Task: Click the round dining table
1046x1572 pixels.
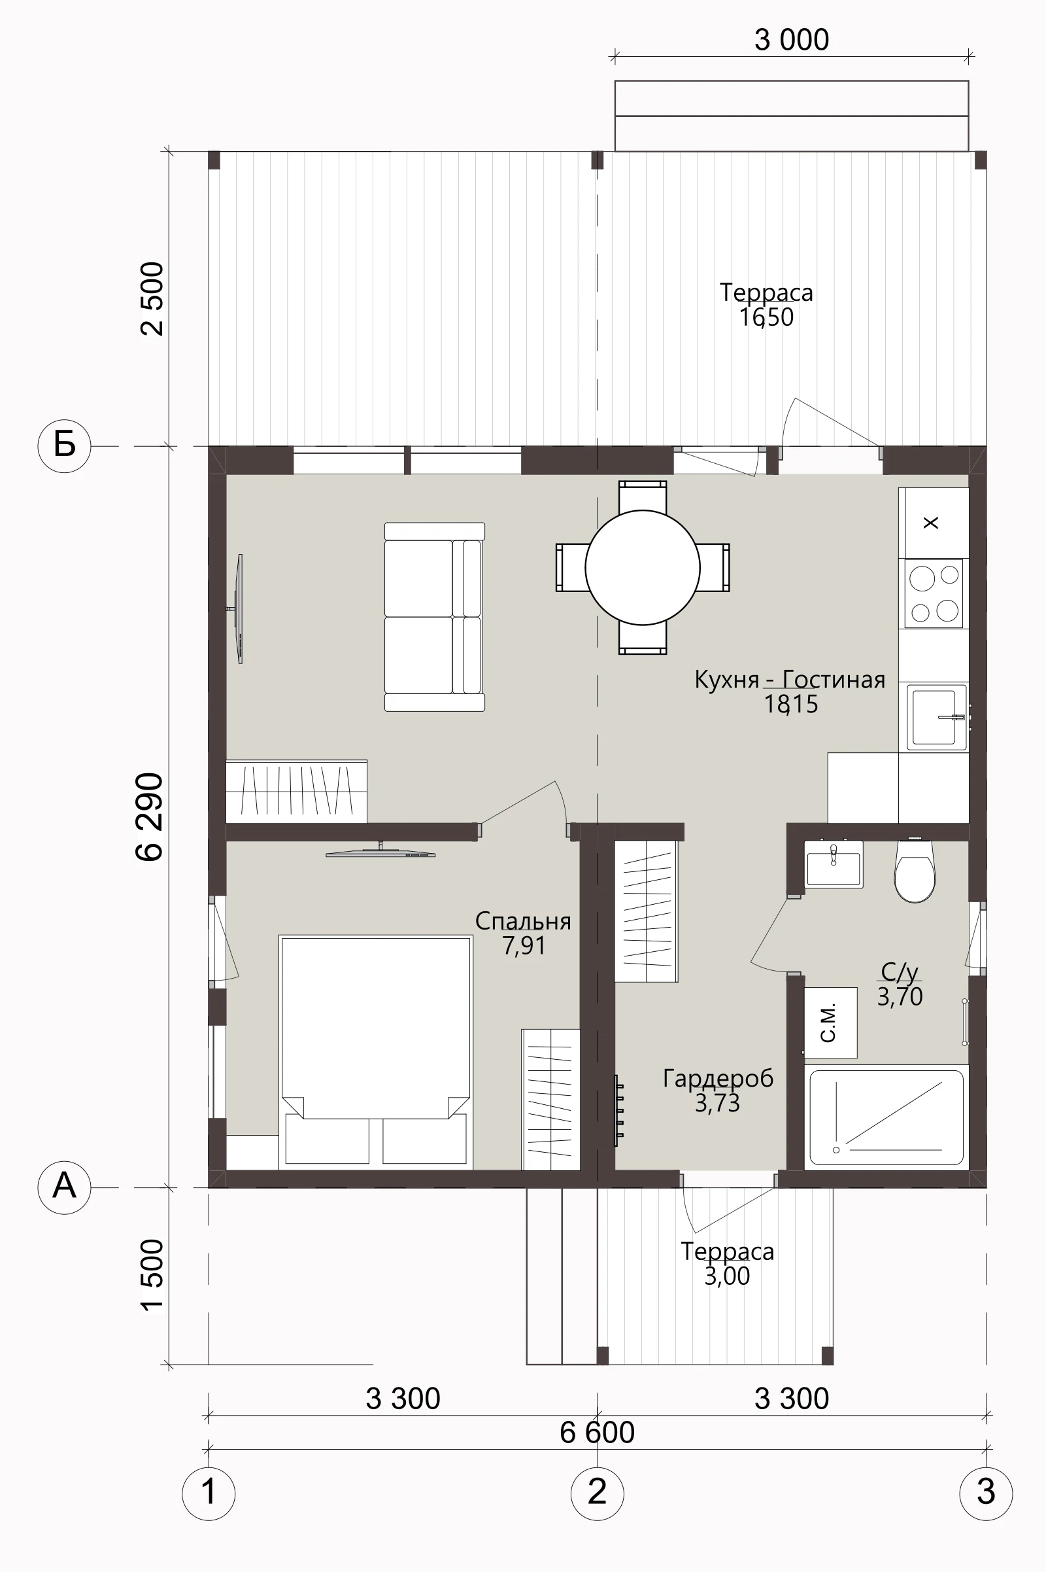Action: click(643, 567)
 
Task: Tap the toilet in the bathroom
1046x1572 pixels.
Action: click(915, 871)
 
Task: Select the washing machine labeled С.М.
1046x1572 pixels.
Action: click(830, 1022)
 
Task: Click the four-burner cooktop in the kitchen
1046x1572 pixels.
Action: click(934, 593)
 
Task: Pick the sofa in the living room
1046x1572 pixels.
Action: click(434, 617)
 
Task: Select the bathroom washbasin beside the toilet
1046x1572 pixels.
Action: click(833, 864)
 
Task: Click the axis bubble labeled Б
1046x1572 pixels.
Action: click(64, 445)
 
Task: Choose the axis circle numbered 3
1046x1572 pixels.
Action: click(986, 1493)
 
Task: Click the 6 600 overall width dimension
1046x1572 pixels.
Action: click(597, 1433)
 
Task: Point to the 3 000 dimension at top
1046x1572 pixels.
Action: click(792, 40)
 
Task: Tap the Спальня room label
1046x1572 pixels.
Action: click(523, 921)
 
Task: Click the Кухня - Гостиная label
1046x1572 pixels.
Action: click(790, 680)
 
